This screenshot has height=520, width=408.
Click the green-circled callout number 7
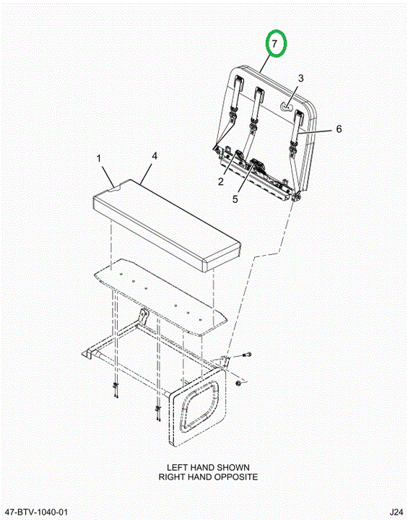pyautogui.click(x=274, y=43)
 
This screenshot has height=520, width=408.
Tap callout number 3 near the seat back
pyautogui.click(x=300, y=78)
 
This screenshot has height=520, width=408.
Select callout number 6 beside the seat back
pyautogui.click(x=339, y=129)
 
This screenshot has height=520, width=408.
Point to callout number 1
pyautogui.click(x=98, y=158)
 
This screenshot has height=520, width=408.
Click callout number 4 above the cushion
pyautogui.click(x=155, y=156)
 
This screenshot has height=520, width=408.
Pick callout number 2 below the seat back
pyautogui.click(x=221, y=181)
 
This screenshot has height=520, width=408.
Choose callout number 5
pyautogui.click(x=235, y=199)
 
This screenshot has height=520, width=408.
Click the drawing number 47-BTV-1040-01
pyautogui.click(x=37, y=511)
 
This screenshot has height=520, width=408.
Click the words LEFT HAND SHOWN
pyautogui.click(x=208, y=467)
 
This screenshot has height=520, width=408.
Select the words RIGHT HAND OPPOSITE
pyautogui.click(x=208, y=477)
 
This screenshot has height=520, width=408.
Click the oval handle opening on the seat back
pyautogui.click(x=286, y=106)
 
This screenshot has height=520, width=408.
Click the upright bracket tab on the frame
pyautogui.click(x=143, y=316)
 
